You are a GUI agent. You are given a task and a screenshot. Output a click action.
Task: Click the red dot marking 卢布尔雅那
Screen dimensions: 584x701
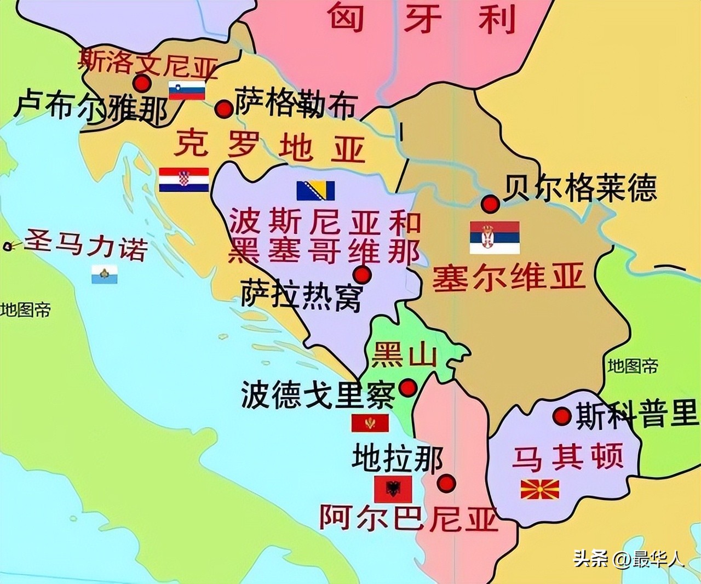pyautogui.click(x=142, y=83)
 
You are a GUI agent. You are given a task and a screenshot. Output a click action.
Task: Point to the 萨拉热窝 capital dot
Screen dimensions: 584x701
pyautogui.click(x=362, y=274)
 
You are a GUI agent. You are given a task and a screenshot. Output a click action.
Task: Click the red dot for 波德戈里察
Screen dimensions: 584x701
pyautogui.click(x=407, y=388)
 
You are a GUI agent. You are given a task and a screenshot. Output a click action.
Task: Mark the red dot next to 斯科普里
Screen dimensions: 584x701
pyautogui.click(x=562, y=416)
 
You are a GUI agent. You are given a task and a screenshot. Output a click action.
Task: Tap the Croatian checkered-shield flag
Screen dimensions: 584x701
pyautogui.click(x=184, y=180)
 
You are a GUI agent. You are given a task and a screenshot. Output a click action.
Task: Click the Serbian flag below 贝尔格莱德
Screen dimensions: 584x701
pyautogui.click(x=495, y=237)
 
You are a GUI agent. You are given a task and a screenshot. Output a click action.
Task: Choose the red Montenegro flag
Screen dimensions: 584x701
pyautogui.click(x=370, y=423)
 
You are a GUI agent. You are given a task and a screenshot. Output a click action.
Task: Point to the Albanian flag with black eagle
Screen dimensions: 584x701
pyautogui.click(x=393, y=489)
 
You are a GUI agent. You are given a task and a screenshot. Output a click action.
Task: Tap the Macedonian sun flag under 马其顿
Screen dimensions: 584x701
pyautogui.click(x=539, y=489)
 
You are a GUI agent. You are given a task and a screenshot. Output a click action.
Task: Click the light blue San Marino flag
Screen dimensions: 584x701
pyautogui.click(x=104, y=274)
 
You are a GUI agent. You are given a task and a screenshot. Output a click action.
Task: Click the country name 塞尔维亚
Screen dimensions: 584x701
pyautogui.click(x=509, y=277)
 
